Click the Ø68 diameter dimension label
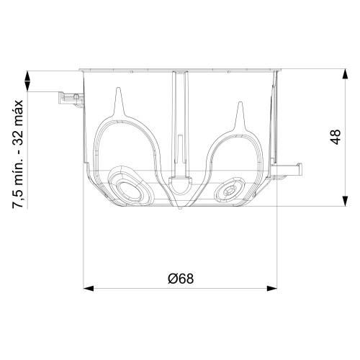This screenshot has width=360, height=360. point(181,279)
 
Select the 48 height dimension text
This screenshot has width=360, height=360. point(336,137)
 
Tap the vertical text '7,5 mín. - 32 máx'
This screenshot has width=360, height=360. point(18,154)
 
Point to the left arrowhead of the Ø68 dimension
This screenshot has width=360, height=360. point(89,288)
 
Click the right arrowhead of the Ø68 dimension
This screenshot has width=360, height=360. point(272,288)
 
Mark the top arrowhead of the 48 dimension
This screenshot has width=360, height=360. point(345,74)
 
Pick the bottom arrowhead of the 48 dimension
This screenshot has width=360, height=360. point(345,201)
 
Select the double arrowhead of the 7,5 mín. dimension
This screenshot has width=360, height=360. point(28,81)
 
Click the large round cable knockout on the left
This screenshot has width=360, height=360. point(130,189)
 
